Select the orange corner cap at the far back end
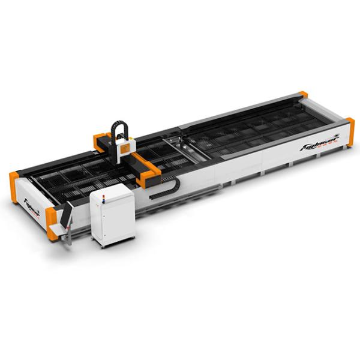[x=303, y=95]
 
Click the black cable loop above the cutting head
[x=119, y=130]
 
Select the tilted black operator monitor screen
[x=66, y=215]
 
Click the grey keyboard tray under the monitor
[x=58, y=230]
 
